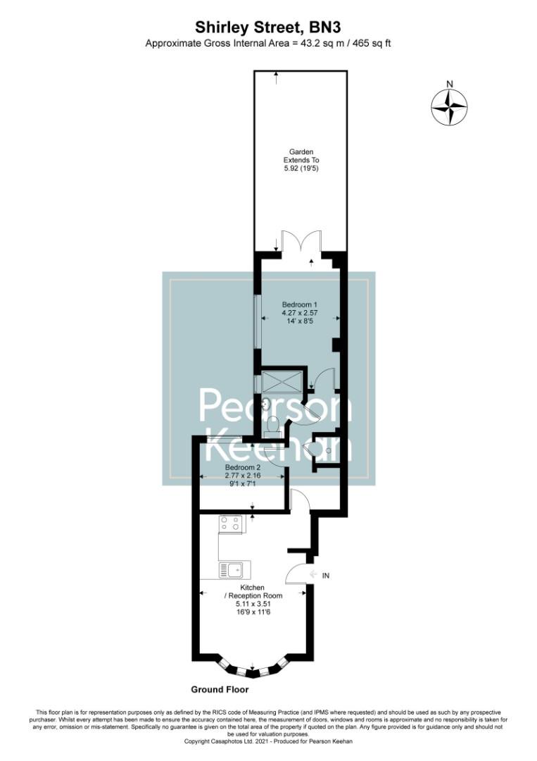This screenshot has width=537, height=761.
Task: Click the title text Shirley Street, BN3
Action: click(x=268, y=27)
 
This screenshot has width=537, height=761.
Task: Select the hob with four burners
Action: click(x=230, y=524)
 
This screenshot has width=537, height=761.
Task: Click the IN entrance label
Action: click(x=325, y=576)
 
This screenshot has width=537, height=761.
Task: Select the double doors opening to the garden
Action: click(x=301, y=241)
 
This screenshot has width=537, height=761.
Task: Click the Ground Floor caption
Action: click(x=219, y=689)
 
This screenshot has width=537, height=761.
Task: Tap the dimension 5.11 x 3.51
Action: click(x=252, y=604)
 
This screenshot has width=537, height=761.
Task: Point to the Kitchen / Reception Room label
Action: click(x=252, y=592)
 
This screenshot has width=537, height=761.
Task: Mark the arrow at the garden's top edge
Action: click(x=277, y=75)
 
